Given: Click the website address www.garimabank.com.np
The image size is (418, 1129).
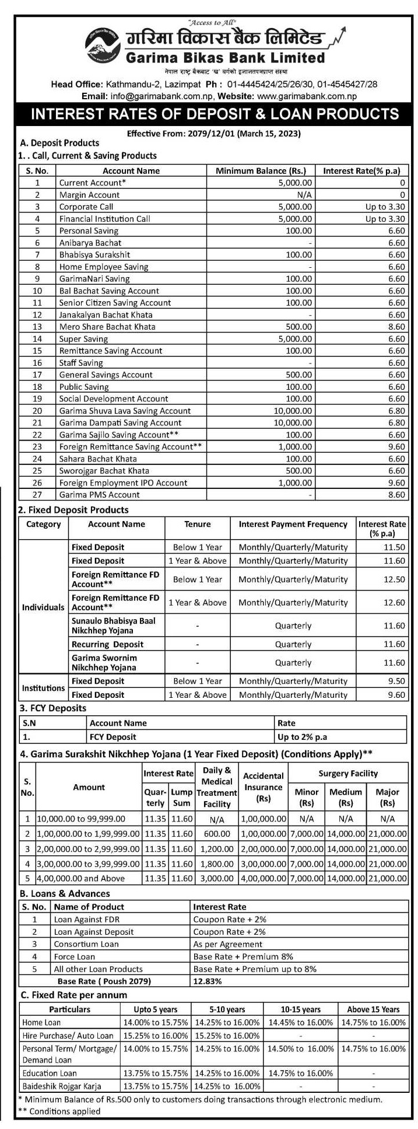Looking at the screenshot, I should tap(306, 96).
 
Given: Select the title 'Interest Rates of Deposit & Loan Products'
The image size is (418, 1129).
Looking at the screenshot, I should tap(215, 114).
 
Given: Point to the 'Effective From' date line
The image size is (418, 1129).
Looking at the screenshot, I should tap(213, 134).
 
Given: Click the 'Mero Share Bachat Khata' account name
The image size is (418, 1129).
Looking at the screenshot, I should tap(107, 327).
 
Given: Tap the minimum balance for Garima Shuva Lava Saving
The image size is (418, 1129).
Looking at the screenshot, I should tap(294, 411).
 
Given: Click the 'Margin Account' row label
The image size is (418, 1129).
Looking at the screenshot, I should tap(89, 195).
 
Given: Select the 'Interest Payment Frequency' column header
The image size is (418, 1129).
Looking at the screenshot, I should tap(293, 524).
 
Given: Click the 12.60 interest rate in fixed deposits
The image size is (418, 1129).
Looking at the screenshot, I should tap(394, 603).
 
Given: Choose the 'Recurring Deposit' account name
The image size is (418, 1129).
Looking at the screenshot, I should tap(107, 644).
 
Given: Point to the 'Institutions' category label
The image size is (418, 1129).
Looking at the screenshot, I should tap(44, 688).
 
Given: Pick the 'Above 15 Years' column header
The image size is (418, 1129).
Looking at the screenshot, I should tap(373, 1009).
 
